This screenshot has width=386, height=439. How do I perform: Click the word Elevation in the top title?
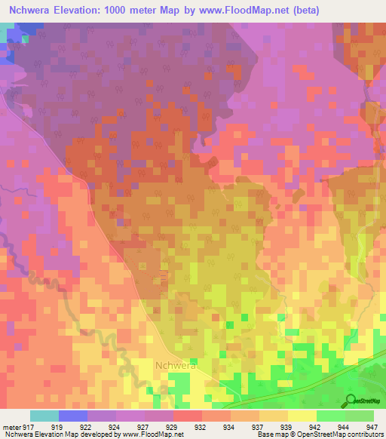(84, 11)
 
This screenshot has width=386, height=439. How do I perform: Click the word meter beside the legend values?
(13, 428)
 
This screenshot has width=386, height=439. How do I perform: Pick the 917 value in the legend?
(27, 428)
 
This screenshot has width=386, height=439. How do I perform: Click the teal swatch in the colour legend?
(44, 416)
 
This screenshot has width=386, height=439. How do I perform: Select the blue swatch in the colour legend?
(73, 416)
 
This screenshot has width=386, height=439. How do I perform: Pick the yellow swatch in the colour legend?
(302, 416)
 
